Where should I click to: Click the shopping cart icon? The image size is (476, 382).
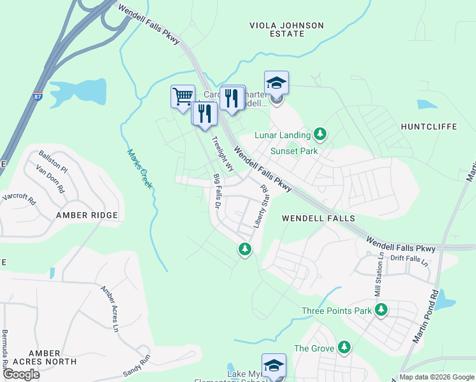tap(183, 96)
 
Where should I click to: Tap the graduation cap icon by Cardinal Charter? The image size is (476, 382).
tap(276, 82)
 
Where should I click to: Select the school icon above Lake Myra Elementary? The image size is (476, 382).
tap(274, 365)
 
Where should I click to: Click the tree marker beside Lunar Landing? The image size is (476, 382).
tap(321, 134)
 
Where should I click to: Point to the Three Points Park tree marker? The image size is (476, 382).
tap(381, 310)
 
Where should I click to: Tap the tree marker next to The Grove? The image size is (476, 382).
tap(344, 347)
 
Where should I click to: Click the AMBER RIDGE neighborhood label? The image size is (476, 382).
tap(87, 215)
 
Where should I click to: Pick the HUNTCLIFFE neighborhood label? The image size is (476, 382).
tap(429, 127)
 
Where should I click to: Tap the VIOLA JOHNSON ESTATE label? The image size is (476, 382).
tap(286, 30)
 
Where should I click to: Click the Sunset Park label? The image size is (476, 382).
tap(293, 152)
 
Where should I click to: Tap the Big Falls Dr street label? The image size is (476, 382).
tap(216, 192)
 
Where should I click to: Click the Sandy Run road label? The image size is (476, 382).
tap(136, 366)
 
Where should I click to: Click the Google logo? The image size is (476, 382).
tap(22, 374)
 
